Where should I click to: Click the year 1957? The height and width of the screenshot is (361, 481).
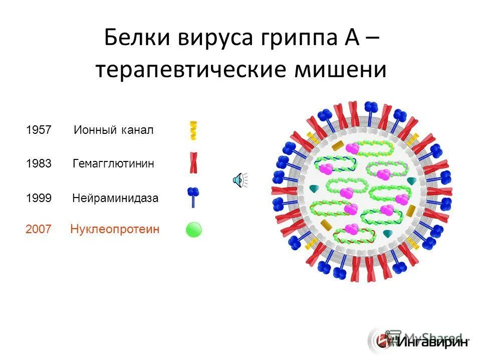[x=39, y=130]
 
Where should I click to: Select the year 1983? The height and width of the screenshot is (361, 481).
[x=39, y=164]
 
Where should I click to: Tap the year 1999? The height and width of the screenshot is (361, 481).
[x=39, y=198]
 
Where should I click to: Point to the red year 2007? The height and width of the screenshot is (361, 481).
[x=39, y=230]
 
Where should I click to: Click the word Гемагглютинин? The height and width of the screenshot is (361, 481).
[x=113, y=164]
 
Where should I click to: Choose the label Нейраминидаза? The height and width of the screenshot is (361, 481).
[x=115, y=198]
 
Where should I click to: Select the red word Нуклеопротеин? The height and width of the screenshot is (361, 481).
[x=115, y=230]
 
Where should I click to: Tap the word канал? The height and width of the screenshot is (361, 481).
[x=137, y=130]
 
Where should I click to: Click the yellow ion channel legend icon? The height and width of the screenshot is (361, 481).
[x=193, y=130]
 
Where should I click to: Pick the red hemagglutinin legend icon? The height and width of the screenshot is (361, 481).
[x=193, y=163]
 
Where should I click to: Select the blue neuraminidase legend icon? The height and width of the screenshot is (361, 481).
[x=193, y=197]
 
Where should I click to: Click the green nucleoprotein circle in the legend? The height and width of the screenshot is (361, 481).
[x=194, y=230]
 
